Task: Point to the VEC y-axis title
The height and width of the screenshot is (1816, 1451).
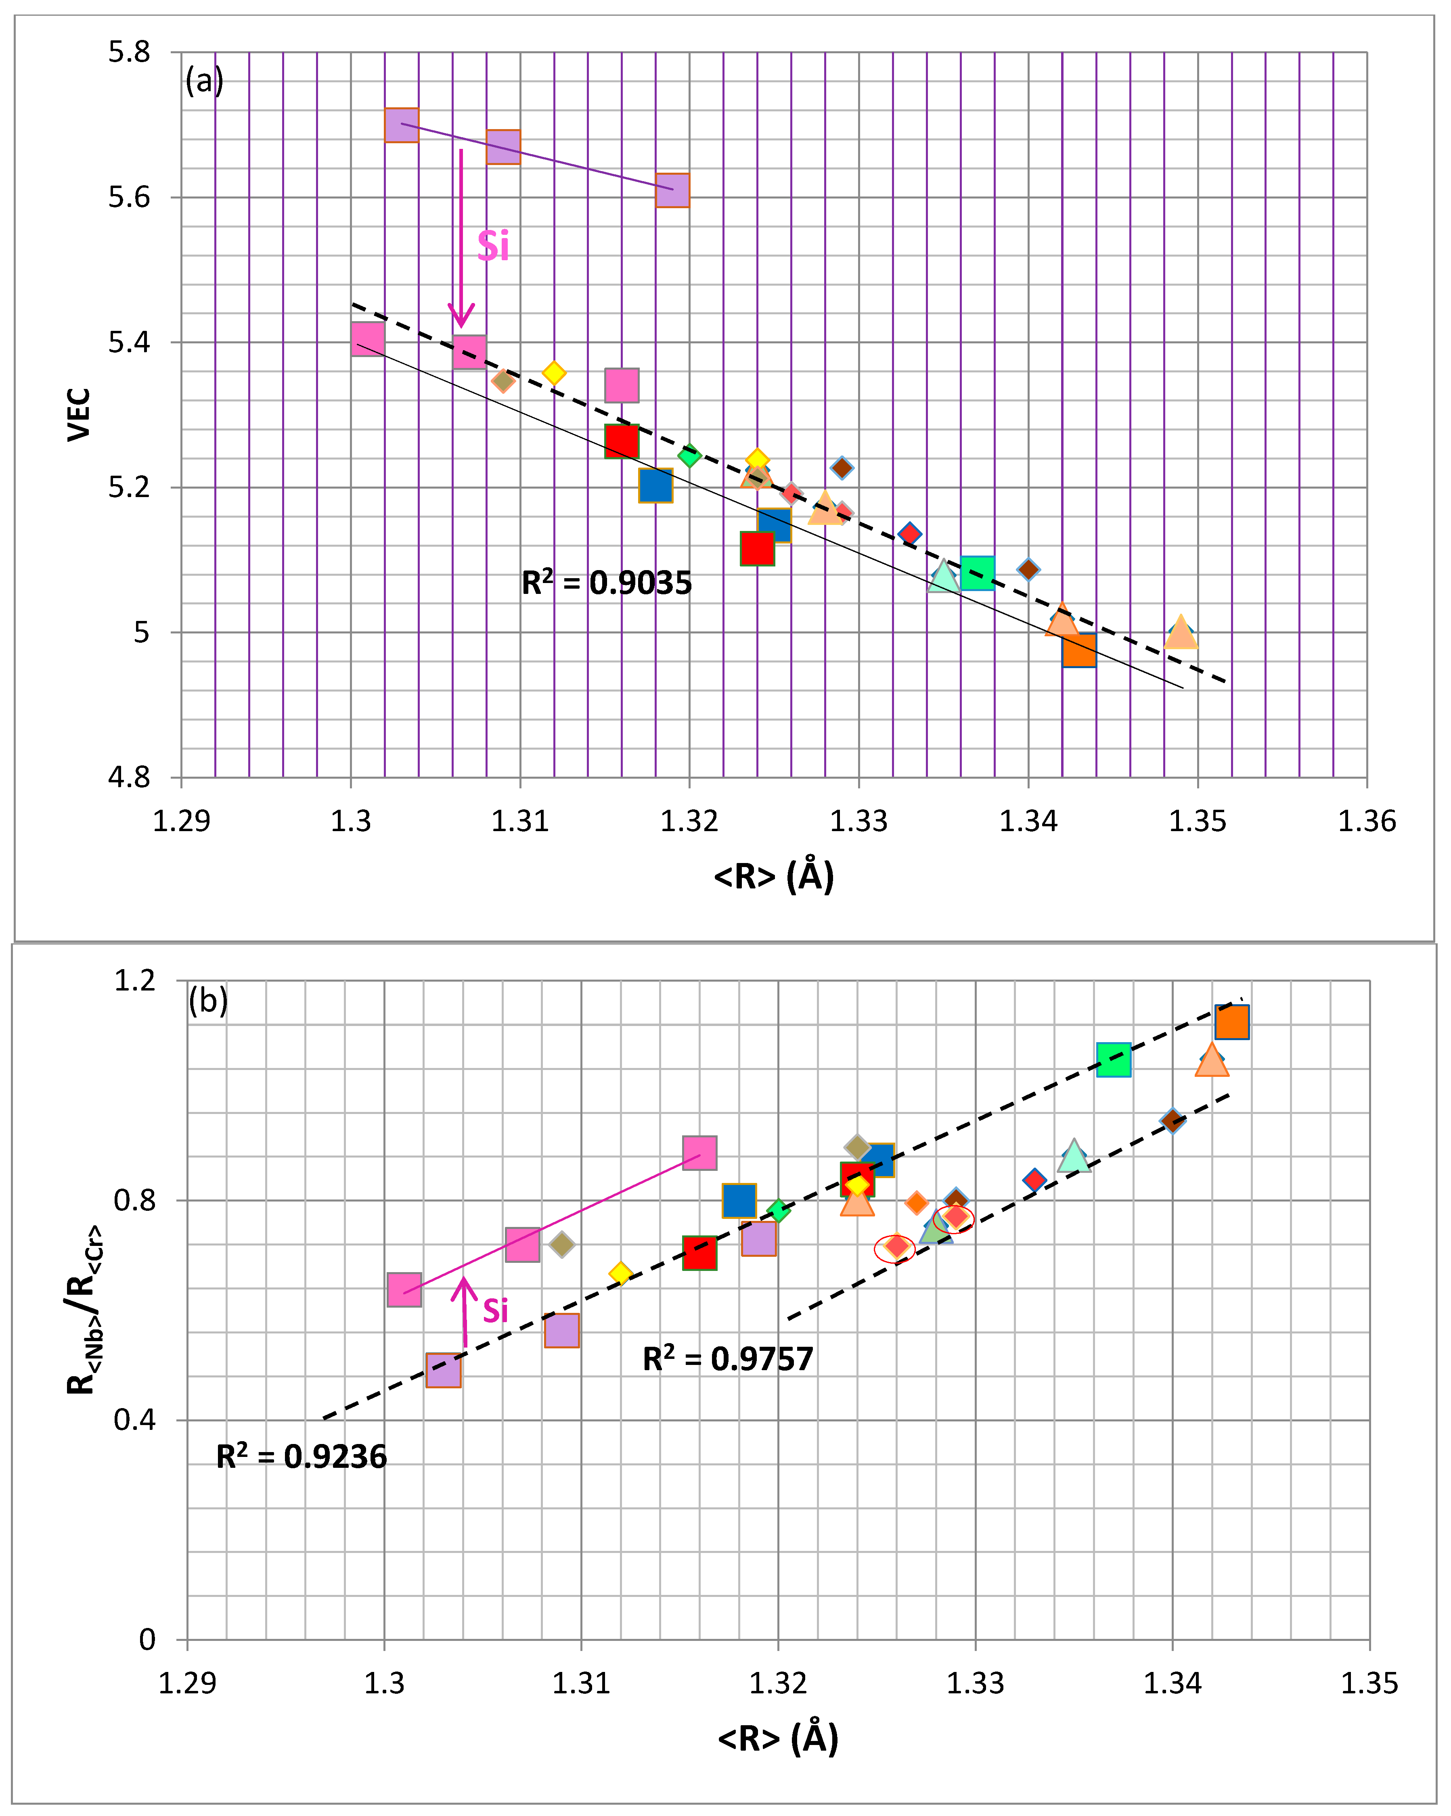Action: click(x=79, y=414)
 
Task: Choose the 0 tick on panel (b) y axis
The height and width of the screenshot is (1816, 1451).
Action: click(x=147, y=1639)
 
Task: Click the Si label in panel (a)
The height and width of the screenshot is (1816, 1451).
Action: click(x=493, y=247)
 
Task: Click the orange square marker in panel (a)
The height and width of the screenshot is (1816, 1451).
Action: click(x=1078, y=650)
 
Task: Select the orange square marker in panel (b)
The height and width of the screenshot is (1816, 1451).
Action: click(x=1231, y=1022)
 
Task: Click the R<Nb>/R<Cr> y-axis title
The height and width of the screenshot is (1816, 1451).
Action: click(x=84, y=1310)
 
